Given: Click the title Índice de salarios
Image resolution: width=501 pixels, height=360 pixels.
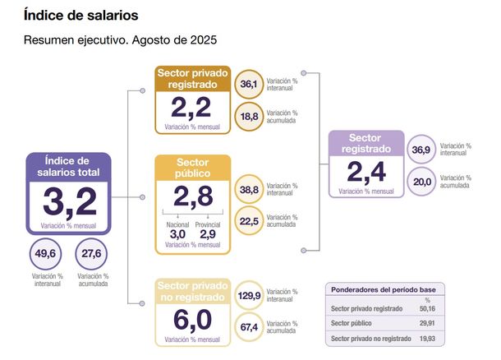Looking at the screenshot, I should (80, 16).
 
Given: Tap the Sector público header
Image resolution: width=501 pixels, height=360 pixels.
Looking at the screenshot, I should (193, 168).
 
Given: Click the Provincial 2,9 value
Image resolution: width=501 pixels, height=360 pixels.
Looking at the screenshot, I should (209, 234).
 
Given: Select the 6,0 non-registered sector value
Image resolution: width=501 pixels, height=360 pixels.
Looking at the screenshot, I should (192, 318).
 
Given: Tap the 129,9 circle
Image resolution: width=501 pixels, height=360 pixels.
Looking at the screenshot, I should (249, 295).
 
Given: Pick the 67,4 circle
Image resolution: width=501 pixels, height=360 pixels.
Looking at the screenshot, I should (249, 327).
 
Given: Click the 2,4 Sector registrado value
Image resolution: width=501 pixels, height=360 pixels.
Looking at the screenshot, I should (366, 171).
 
